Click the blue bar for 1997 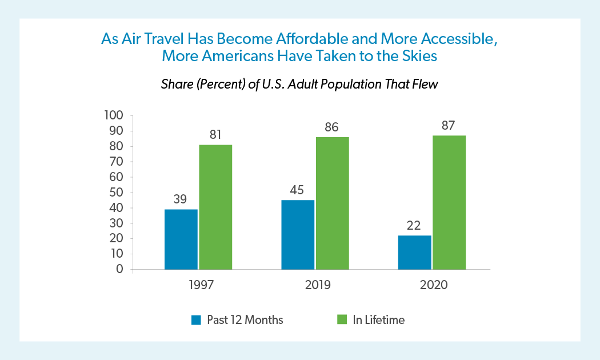pyautogui.click(x=181, y=239)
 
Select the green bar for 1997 pyautogui.click(x=215, y=207)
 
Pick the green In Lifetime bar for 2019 pyautogui.click(x=332, y=203)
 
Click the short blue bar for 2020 pyautogui.click(x=414, y=252)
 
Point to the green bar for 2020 pyautogui.click(x=449, y=202)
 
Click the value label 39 pyautogui.click(x=181, y=199)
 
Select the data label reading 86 pyautogui.click(x=332, y=127)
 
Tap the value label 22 pyautogui.click(x=414, y=225)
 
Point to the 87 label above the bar pyautogui.click(x=449, y=125)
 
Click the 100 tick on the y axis pyautogui.click(x=114, y=115)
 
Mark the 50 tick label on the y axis pyautogui.click(x=117, y=193)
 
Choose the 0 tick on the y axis pyautogui.click(x=120, y=269)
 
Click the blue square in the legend pyautogui.click(x=196, y=320)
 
